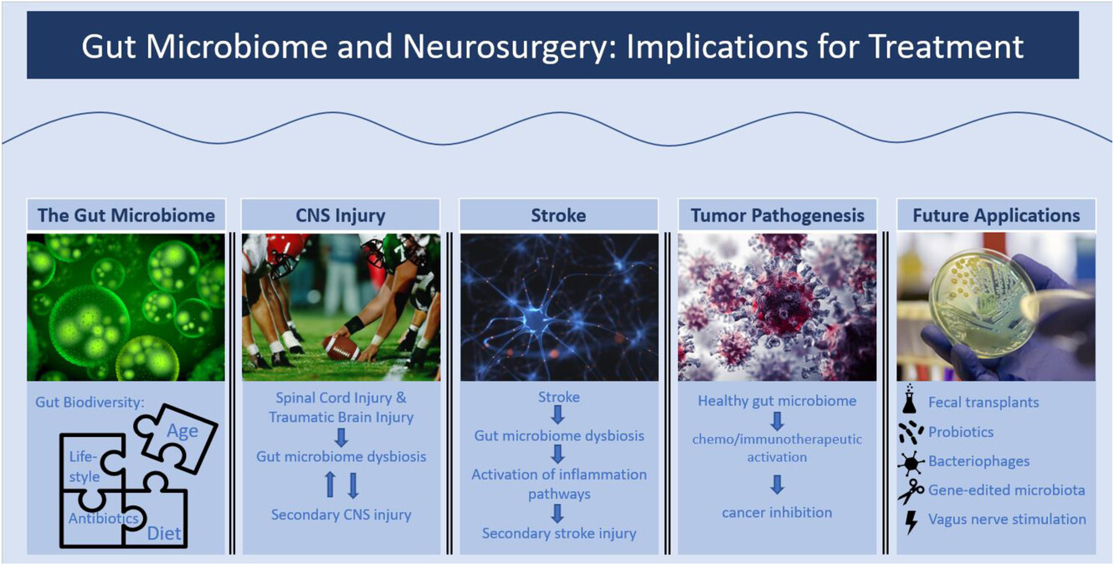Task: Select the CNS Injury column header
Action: coord(341,215)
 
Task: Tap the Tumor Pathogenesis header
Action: coord(778,215)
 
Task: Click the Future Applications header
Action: coord(996,215)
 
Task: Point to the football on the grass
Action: coord(341,347)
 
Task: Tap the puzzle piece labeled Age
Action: coord(176,438)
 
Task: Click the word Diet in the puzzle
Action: coord(164,534)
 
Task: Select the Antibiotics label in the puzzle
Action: coord(104,519)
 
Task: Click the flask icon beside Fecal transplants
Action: coord(910,399)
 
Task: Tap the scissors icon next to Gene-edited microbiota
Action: coord(911,491)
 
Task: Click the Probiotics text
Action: coord(961,432)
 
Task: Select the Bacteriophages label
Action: coord(978,461)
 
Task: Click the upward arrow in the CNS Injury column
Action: coord(331,485)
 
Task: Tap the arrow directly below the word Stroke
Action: coord(558,415)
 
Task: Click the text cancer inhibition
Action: coord(777,513)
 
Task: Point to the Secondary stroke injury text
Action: coord(559,534)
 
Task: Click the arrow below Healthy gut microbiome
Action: coord(778,421)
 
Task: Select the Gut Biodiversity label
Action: coord(90,403)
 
